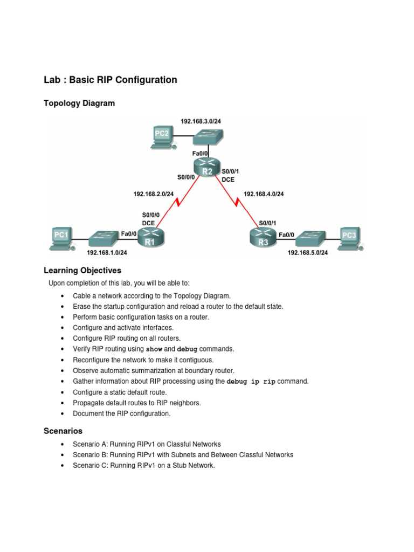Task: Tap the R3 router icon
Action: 263,237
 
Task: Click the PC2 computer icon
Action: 162,137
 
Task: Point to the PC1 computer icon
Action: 61,239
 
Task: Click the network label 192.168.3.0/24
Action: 200,121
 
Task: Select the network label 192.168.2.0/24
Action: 154,194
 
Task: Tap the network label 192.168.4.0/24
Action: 264,194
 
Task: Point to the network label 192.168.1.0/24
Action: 107,252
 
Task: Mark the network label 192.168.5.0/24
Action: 307,252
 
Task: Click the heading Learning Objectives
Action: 82,270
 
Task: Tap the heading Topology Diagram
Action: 79,103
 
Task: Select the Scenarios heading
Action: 63,431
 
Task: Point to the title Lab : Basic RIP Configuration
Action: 111,80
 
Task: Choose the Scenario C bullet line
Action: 144,466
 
